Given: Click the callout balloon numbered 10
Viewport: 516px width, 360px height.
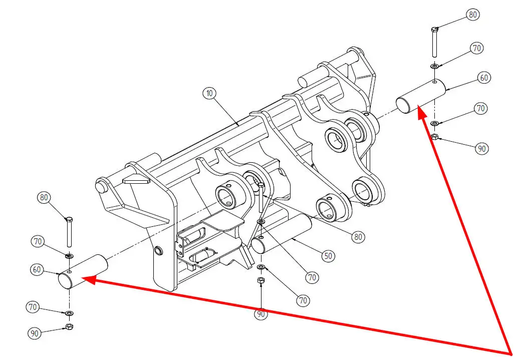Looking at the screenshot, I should (x=209, y=93).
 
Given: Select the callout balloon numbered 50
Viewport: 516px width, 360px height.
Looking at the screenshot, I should (x=328, y=255).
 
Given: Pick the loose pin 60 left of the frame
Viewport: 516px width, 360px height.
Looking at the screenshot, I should (x=83, y=271).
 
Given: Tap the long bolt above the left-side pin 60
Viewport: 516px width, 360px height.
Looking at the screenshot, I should (x=69, y=233).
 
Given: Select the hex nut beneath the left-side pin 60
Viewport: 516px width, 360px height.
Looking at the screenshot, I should (x=69, y=327).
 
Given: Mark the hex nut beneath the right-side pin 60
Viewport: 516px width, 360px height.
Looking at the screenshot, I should (x=435, y=136).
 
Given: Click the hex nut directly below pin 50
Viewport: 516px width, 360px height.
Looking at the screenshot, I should (x=261, y=281).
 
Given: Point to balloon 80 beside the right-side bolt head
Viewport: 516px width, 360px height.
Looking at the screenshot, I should (x=472, y=15).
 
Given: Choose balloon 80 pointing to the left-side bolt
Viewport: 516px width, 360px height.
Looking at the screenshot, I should (x=44, y=198).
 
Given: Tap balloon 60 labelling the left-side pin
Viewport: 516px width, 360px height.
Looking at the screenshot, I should (x=37, y=269).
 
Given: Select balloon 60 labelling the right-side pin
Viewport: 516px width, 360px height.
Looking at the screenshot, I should (x=483, y=78).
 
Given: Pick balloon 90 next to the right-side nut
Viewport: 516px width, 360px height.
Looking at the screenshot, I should (x=481, y=149).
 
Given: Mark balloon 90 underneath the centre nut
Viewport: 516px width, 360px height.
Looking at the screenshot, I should (x=261, y=314).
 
